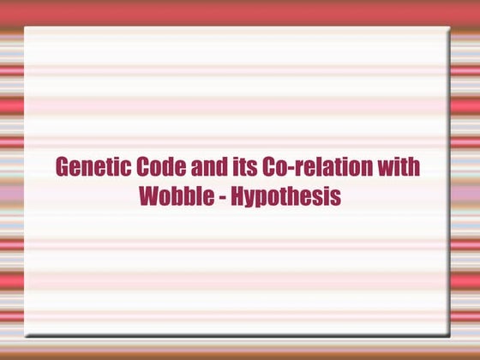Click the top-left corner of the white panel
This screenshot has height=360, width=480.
pyautogui.click(x=25, y=27)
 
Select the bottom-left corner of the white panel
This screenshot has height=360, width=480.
pyautogui.click(x=25, y=333)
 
